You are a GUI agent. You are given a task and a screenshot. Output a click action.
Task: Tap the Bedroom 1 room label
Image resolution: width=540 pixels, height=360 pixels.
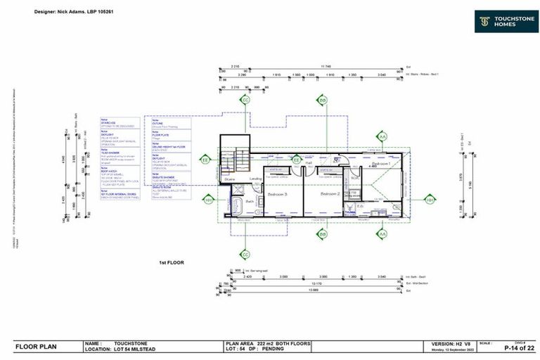pos(381,163)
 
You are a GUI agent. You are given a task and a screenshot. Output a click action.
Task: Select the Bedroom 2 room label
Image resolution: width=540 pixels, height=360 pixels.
pos(330,193)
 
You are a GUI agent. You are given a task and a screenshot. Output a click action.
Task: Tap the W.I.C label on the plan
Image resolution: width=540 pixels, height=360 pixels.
pos(354,177)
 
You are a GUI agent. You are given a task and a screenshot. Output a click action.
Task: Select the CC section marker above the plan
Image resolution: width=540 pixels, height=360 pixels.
pos(245,101)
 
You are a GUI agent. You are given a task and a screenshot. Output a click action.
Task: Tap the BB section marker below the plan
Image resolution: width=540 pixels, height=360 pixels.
pos(323,233)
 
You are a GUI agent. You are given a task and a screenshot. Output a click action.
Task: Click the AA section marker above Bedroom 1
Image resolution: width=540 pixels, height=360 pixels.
pos(382,136)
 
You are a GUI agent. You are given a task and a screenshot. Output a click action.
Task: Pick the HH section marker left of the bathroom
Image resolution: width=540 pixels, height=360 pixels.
pos(208,199)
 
